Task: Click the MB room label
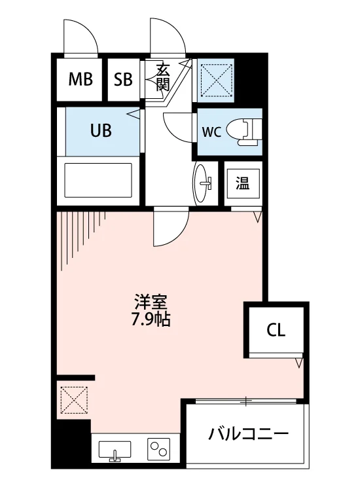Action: [81, 79]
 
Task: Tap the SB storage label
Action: [123, 79]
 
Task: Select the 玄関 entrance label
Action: [163, 77]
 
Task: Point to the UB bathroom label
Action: [101, 130]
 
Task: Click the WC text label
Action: [212, 132]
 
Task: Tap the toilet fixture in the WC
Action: [244, 132]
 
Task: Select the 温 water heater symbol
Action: [243, 183]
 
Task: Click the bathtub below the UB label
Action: [98, 180]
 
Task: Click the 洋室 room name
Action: [151, 302]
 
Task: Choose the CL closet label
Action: [276, 330]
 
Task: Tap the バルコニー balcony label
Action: [248, 433]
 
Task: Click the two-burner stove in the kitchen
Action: [158, 448]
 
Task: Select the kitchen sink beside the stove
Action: [115, 451]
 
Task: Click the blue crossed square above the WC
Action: [216, 79]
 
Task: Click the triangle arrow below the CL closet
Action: [299, 363]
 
